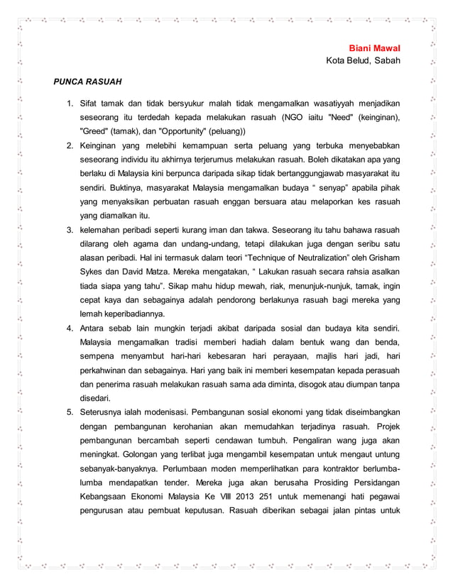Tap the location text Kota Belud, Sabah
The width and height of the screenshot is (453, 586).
tap(363, 60)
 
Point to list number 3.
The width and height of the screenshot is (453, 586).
tap(70, 230)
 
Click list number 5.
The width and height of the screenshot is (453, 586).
tap(70, 412)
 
